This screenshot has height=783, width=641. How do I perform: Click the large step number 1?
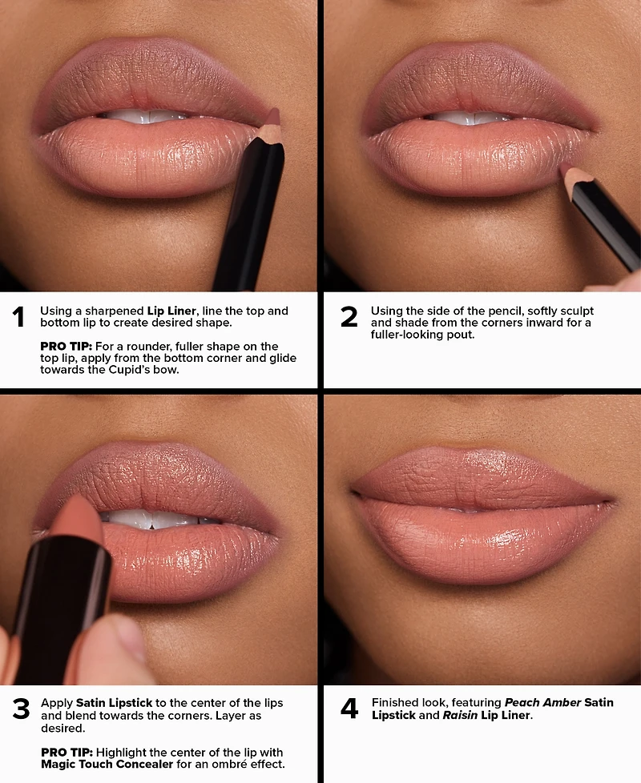tap(18, 318)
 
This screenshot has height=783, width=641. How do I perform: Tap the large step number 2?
tap(349, 318)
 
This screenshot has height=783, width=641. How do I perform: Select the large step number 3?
tap(21, 710)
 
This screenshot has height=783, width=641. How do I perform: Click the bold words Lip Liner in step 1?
tap(171, 311)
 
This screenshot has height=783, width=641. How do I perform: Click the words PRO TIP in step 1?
tap(61, 345)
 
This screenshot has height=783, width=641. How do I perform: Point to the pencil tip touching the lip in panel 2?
tap(566, 169)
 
